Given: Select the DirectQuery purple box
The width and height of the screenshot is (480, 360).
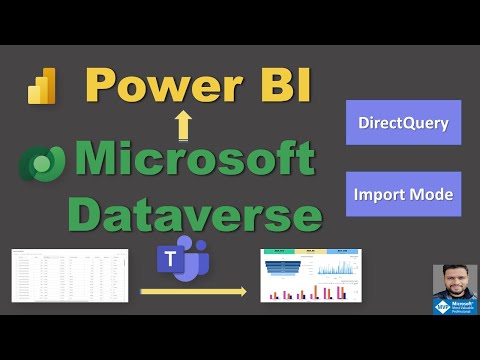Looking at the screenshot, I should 403,122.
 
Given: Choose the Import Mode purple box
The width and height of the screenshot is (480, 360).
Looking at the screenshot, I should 403,195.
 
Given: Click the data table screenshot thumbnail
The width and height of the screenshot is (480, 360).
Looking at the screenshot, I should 69,275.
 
